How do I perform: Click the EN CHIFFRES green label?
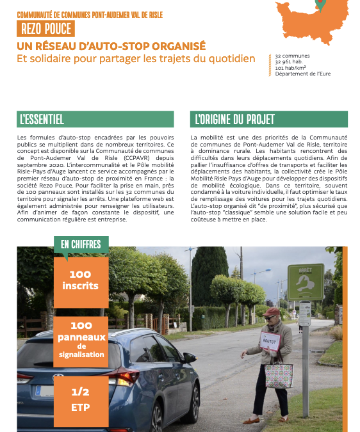pyautogui.click(x=81, y=244)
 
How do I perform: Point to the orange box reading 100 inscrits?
pyautogui.click(x=81, y=280)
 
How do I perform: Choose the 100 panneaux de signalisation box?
pyautogui.click(x=81, y=339)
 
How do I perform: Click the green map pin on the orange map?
pyautogui.click(x=320, y=6)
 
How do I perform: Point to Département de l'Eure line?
pyautogui.click(x=303, y=74)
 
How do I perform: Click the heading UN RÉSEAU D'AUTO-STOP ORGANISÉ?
pyautogui.click(x=111, y=46)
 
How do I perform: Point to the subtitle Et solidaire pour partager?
pyautogui.click(x=136, y=59)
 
